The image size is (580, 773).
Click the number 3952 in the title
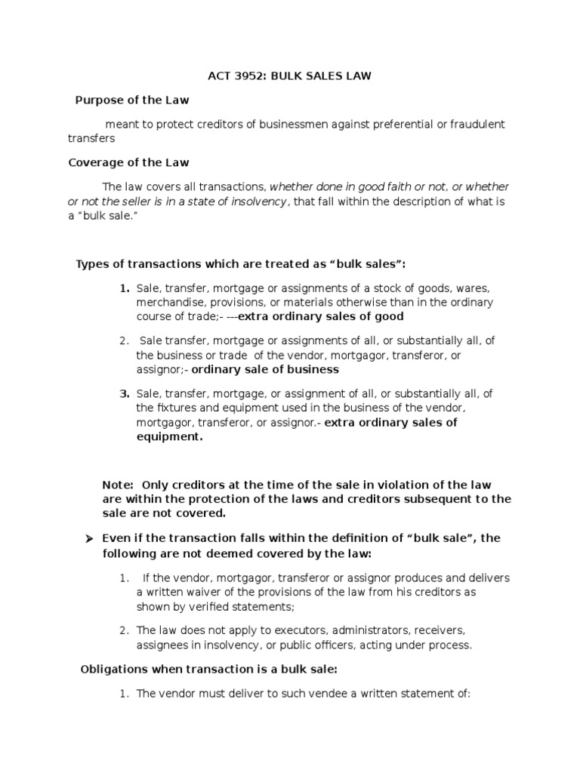coord(251,76)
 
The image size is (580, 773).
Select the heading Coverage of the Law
coord(128,162)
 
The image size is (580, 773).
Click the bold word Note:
coord(118,484)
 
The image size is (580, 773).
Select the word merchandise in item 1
coord(168,302)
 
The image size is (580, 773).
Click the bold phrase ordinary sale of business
coord(265,370)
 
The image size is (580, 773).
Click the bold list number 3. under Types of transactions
coord(124,394)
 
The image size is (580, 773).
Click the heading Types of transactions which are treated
coord(241,263)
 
